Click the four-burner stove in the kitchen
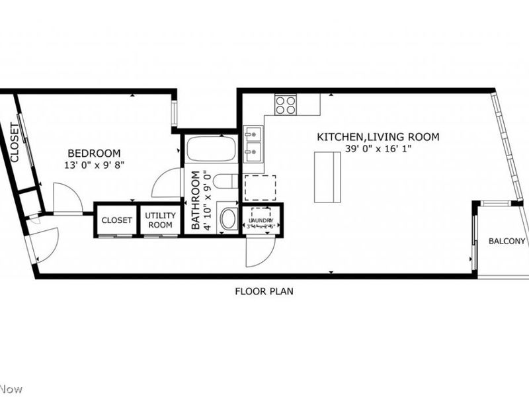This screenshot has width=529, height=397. pos(286,105)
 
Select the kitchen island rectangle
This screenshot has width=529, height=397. pos(327,177)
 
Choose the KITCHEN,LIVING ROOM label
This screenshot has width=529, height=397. pos(378,137)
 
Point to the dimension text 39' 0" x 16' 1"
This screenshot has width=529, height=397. pos(378,149)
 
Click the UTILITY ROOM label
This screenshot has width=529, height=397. pos(159,220)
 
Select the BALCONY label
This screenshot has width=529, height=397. pos(507,241)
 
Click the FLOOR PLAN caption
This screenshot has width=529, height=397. pos(264,290)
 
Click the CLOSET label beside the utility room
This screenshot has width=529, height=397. pos(116,220)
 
